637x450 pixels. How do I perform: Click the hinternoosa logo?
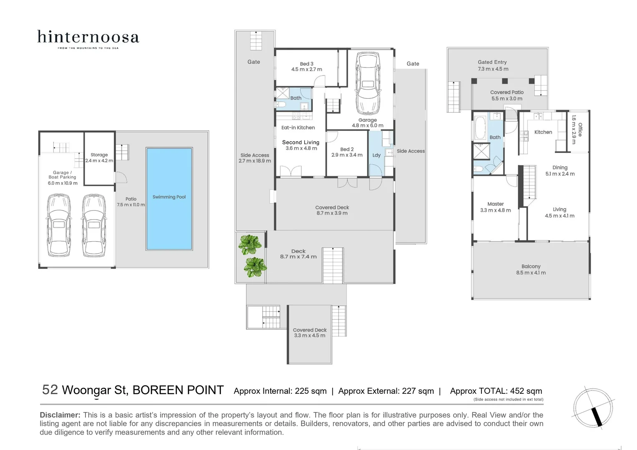tap(88, 39)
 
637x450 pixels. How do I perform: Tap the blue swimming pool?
tap(169, 199)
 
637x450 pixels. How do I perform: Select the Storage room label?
tap(99, 155)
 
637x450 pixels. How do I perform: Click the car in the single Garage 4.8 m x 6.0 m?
tap(367, 83)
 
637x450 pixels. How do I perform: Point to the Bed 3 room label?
tap(306, 64)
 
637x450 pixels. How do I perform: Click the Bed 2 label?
tap(347, 149)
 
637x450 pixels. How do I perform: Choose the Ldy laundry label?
tap(376, 155)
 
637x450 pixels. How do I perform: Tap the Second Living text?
tap(301, 142)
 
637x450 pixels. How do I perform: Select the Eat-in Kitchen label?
tap(298, 128)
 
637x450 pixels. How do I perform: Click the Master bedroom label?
tap(495, 204)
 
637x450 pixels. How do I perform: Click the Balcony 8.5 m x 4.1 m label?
tap(531, 270)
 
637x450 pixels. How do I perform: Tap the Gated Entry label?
tap(492, 62)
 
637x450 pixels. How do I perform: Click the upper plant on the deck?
tap(249, 245)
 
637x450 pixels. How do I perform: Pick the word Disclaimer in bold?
tap(60, 415)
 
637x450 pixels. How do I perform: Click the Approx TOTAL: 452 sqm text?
tap(496, 391)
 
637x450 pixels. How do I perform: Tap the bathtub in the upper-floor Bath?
tap(480, 128)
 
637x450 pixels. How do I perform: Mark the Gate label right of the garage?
tap(413, 64)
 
